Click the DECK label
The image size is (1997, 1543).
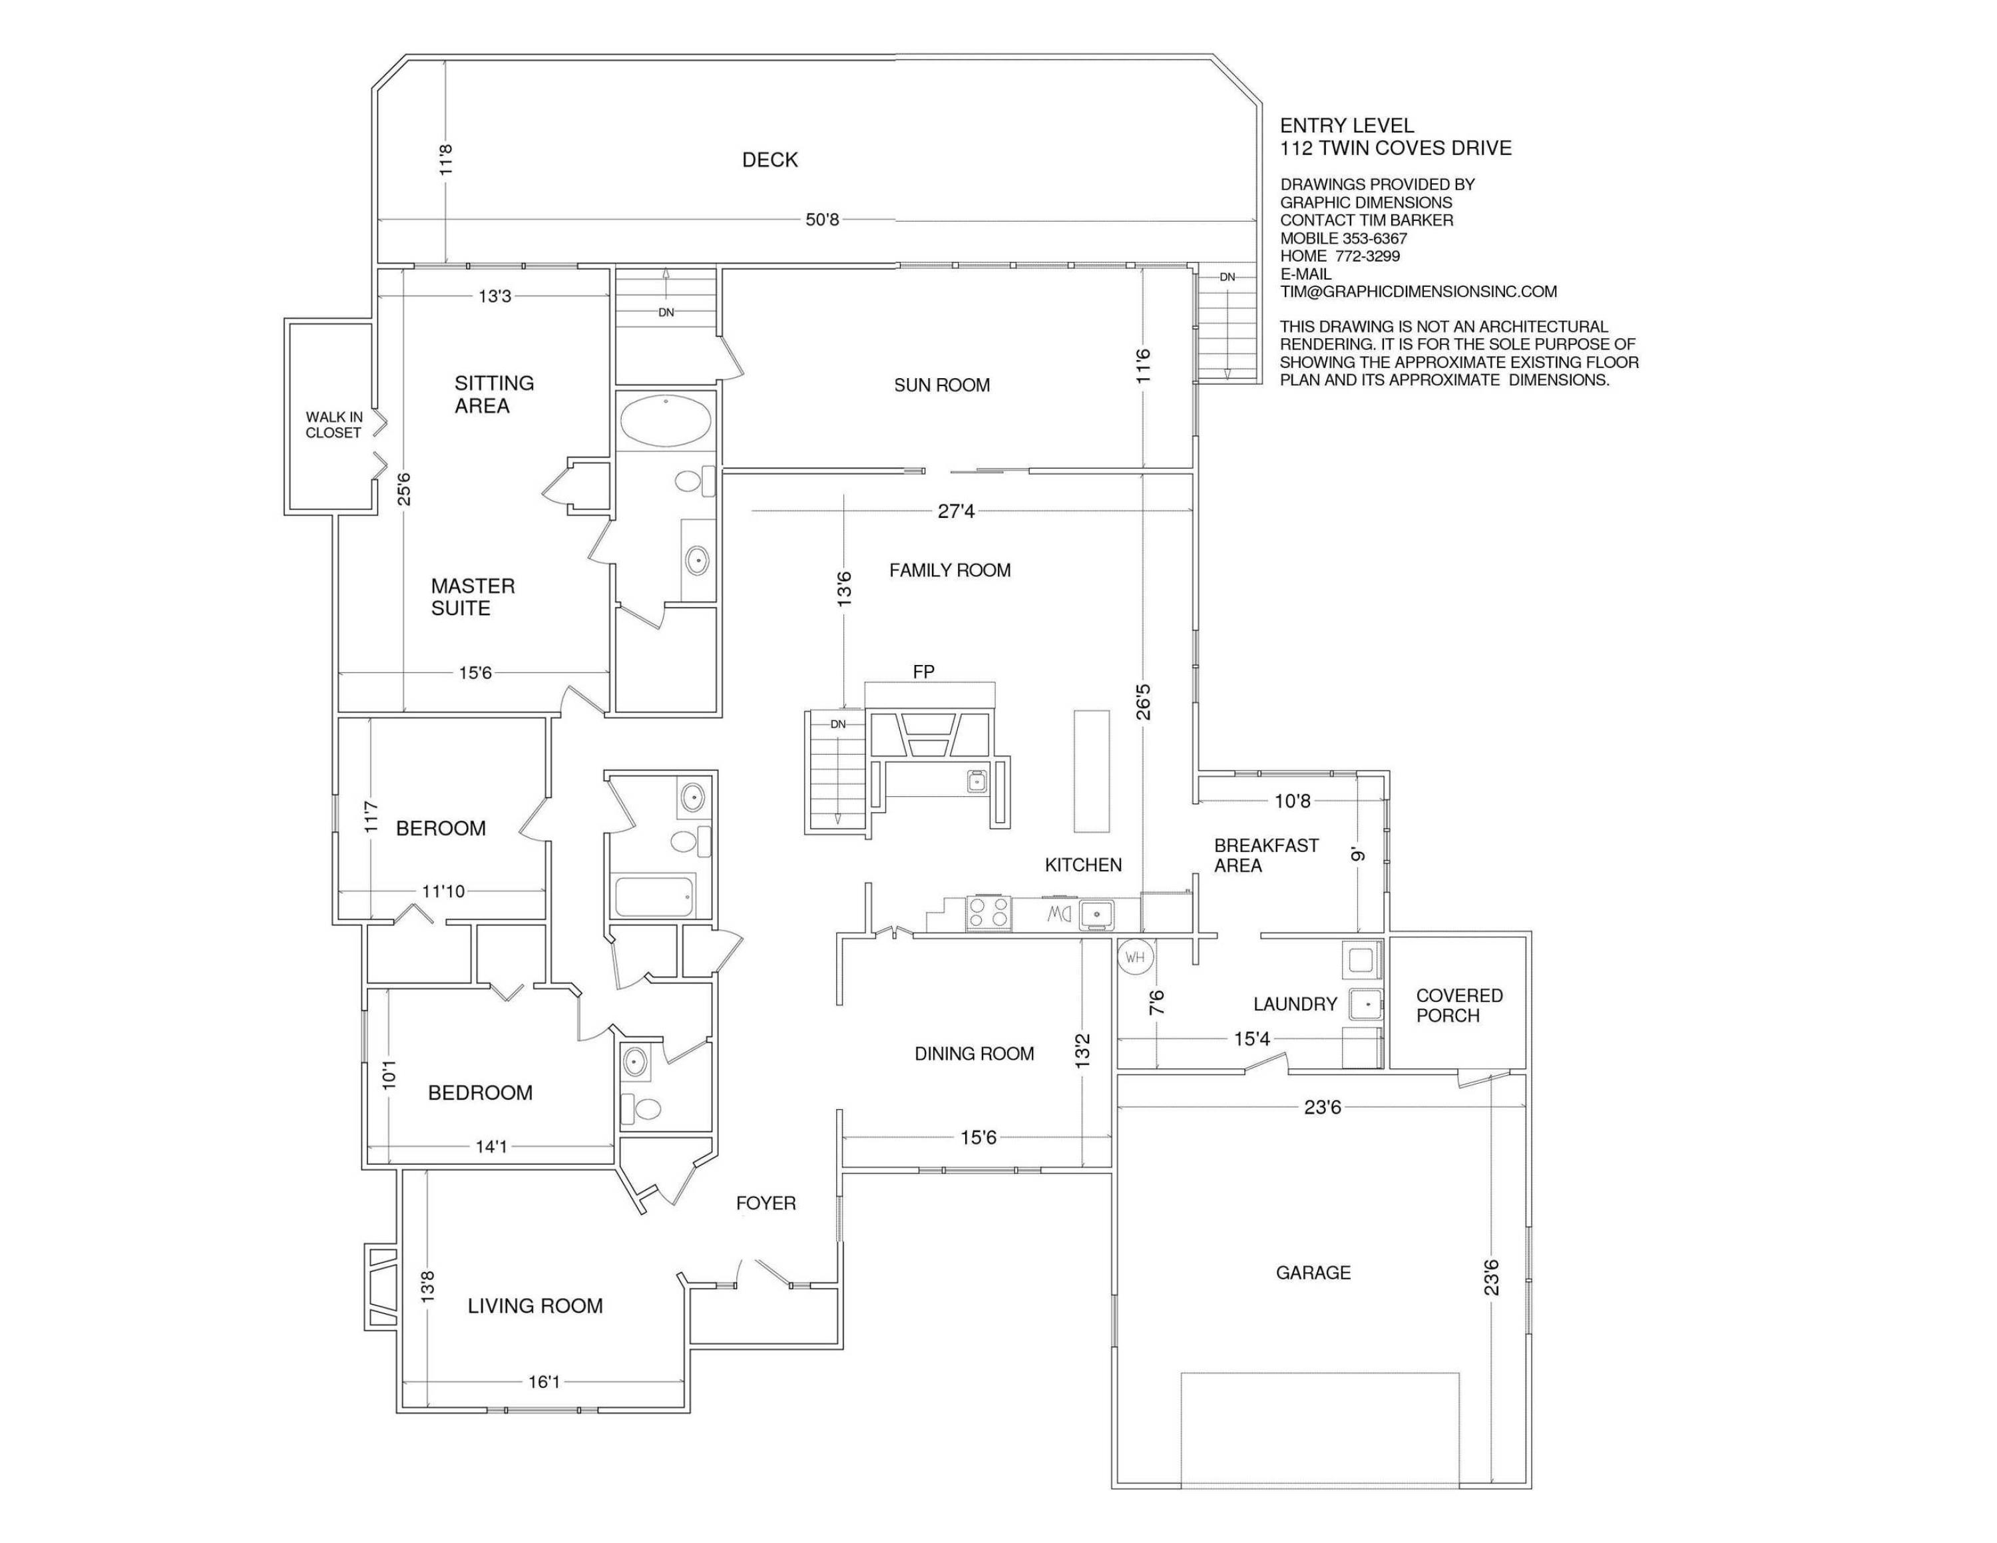click(x=770, y=160)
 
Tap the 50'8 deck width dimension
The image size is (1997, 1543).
click(x=822, y=220)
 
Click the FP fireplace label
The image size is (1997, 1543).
click(x=923, y=672)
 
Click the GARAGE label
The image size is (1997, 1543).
click(x=1313, y=1273)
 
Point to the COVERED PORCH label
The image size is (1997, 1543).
click(x=1459, y=1006)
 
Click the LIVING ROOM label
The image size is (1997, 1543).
click(x=535, y=1306)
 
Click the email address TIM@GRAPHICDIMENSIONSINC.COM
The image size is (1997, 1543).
click(x=1418, y=292)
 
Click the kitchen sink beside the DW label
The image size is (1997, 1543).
click(x=1096, y=913)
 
